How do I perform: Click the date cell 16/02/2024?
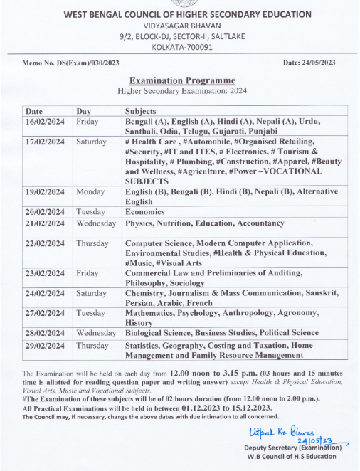[45, 122]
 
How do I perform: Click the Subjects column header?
[141, 111]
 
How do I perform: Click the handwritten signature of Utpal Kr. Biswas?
[277, 431]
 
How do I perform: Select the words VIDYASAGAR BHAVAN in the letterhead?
[179, 25]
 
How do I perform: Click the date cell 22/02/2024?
[45, 243]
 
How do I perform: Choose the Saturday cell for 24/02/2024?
[92, 292]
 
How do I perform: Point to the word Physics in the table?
[140, 223]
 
